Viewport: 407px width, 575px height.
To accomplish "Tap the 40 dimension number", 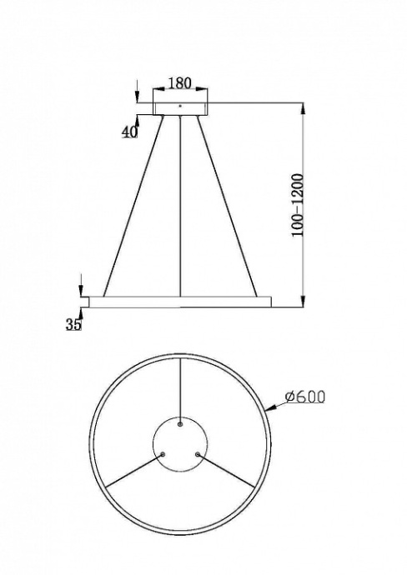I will [x=129, y=132].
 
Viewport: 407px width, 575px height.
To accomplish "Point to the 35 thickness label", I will [x=73, y=325].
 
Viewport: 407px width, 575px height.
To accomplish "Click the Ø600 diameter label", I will [x=304, y=397].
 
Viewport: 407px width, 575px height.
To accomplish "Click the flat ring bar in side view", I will [x=180, y=299].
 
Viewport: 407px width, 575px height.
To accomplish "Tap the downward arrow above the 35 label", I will [x=80, y=283].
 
